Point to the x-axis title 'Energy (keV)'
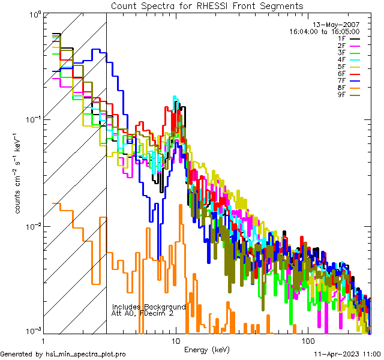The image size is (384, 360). [x=206, y=350]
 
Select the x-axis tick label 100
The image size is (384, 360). [x=307, y=340]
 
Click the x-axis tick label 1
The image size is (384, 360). [x=41, y=340]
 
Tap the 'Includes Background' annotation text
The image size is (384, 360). [x=148, y=306]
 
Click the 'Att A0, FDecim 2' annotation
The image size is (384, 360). [x=143, y=313]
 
